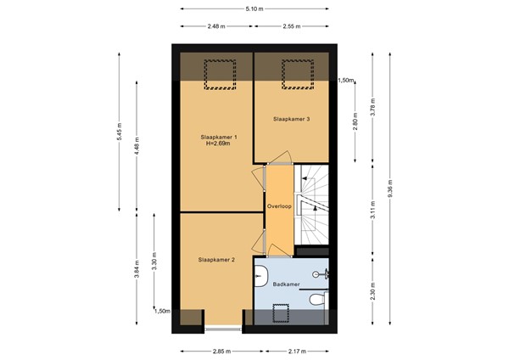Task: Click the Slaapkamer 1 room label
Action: pos(216,137)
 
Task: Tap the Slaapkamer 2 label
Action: pos(216,260)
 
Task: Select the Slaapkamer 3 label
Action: pos(291,119)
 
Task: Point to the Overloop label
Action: pos(279,206)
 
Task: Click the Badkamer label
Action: pos(286,284)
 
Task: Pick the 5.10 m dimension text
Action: pos(255,9)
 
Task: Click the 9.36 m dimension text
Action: pos(390,188)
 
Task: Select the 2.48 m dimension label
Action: pos(216,26)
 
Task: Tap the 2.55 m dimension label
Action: pos(292,26)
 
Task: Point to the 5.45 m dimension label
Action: pos(119,132)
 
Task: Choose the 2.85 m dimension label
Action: pos(221,352)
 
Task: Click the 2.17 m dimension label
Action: pos(297,352)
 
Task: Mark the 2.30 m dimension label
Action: pos(372,291)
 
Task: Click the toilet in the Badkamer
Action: pos(317,299)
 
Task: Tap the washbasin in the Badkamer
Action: pos(260,276)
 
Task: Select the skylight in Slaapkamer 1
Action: pos(220,75)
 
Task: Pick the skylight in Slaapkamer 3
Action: pos(298,75)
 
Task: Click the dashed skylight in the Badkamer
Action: pos(281,313)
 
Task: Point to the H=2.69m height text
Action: pos(218,143)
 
